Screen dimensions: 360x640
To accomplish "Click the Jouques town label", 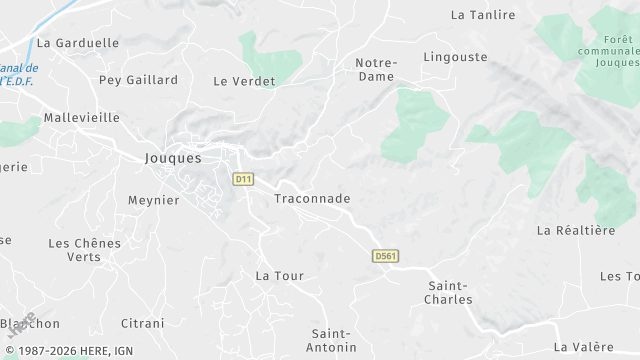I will point(173,158).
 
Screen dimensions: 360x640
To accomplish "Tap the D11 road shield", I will point(243,179).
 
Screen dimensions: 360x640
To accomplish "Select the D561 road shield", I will point(385,256).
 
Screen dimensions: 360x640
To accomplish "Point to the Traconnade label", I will point(312,199).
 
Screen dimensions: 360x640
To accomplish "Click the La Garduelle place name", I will point(77,43).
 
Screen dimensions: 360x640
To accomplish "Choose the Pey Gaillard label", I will point(138,80).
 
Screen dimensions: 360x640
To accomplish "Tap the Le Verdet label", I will point(244,81).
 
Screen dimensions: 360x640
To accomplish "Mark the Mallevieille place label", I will point(81,117).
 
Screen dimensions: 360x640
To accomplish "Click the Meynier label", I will point(153,200).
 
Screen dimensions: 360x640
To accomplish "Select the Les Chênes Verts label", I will point(84,250).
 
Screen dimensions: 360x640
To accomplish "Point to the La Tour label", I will point(279,275).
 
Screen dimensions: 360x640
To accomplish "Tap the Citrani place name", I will point(142,323).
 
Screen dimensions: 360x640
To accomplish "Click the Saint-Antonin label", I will point(333,340).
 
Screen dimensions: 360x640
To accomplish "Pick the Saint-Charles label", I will point(447,292).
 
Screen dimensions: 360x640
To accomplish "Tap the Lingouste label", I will point(455,57).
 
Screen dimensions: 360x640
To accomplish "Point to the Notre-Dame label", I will point(376,69).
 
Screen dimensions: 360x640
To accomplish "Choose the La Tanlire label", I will point(483,15).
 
